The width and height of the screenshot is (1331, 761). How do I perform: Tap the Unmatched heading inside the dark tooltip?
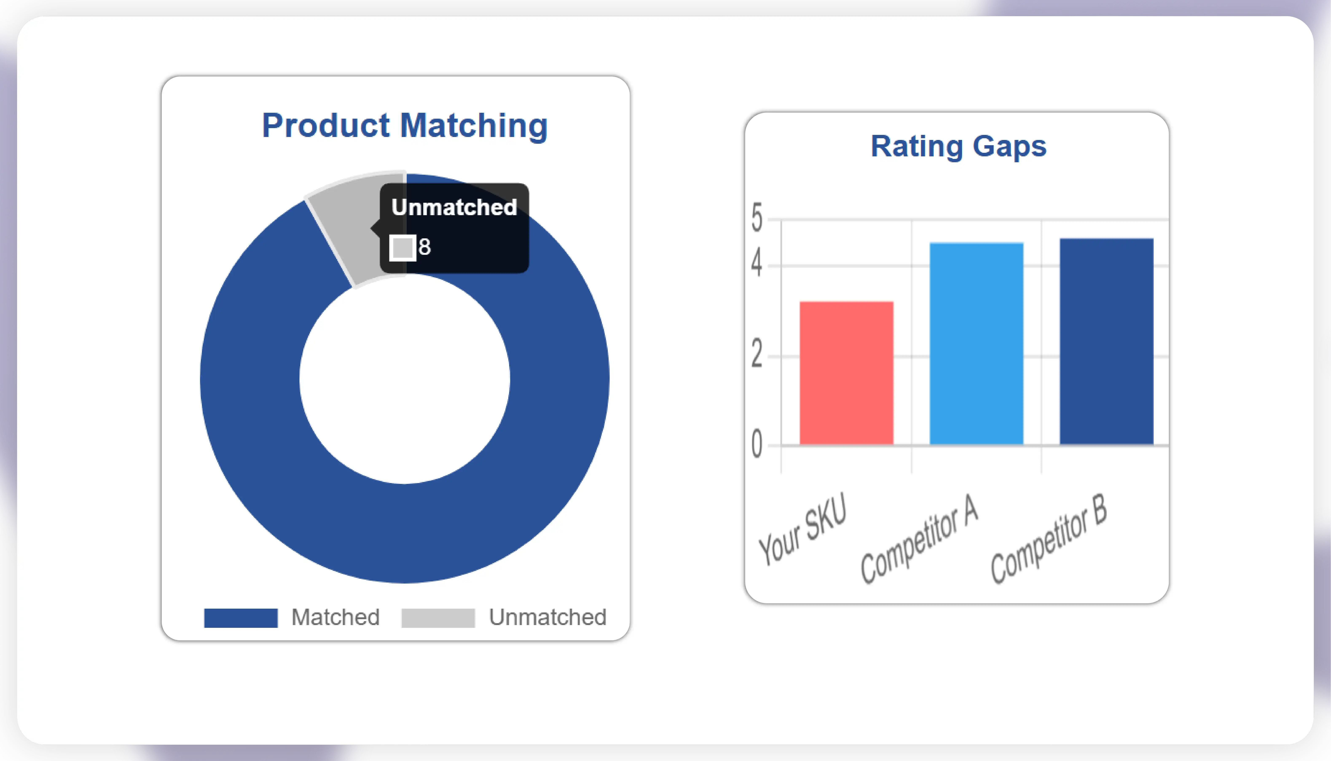[x=454, y=207]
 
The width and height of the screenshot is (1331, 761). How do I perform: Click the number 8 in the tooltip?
[x=424, y=247]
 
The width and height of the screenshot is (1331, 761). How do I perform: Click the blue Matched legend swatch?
[x=240, y=618]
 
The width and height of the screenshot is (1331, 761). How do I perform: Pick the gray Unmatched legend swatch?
[x=438, y=618]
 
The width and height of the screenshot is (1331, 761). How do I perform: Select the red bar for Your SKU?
[x=846, y=373]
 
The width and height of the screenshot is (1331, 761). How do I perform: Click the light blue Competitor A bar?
[x=976, y=343]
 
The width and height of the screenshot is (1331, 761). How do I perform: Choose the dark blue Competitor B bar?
[x=1106, y=341]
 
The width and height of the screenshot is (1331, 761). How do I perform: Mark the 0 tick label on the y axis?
[x=757, y=445]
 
